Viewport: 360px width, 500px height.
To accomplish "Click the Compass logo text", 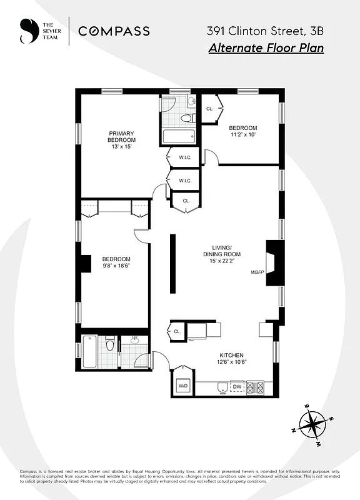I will pos(114,31).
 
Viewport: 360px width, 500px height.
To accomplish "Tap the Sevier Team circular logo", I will pos(28,31).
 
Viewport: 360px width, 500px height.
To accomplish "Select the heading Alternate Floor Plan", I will pos(266,48).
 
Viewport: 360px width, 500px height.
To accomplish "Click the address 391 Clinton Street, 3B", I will pos(265,30).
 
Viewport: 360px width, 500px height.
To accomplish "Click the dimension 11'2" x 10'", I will pos(243,134).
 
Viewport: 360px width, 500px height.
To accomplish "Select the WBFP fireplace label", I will pos(257,272).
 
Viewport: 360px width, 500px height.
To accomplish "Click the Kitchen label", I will pos(231,355).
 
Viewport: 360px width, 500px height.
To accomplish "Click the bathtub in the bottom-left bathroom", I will pos(90,352).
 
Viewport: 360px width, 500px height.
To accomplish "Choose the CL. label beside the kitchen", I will pos(177,332).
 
